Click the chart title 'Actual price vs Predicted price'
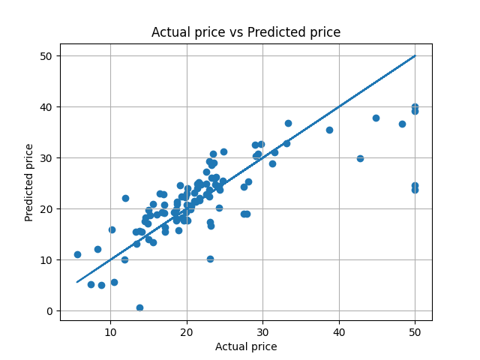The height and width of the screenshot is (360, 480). tap(246, 32)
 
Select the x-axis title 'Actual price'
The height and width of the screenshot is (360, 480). tap(246, 346)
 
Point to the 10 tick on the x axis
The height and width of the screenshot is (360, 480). tap(110, 331)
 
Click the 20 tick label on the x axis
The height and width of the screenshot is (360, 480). tap(187, 331)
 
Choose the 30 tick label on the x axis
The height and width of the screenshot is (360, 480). tap(262, 331)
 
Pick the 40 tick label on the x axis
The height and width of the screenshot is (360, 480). tap(339, 331)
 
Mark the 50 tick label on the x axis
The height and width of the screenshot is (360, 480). tap(415, 331)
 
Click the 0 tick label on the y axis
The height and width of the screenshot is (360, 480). tap(49, 310)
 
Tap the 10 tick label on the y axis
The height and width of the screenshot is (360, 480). tap(46, 259)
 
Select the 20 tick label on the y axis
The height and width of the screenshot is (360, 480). tap(46, 208)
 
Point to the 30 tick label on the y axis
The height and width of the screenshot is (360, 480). tap(46, 157)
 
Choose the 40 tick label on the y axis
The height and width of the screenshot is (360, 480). tap(46, 106)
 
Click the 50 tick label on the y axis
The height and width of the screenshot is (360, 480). tap(46, 55)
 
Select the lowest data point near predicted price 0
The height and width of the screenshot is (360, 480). tap(139, 307)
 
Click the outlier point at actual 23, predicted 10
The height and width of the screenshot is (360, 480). tap(210, 259)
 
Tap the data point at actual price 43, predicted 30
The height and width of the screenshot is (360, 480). tap(360, 158)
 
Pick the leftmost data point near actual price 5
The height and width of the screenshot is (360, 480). tap(77, 254)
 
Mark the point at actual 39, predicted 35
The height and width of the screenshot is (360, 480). tap(329, 130)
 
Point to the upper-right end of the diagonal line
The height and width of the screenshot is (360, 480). tap(415, 55)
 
